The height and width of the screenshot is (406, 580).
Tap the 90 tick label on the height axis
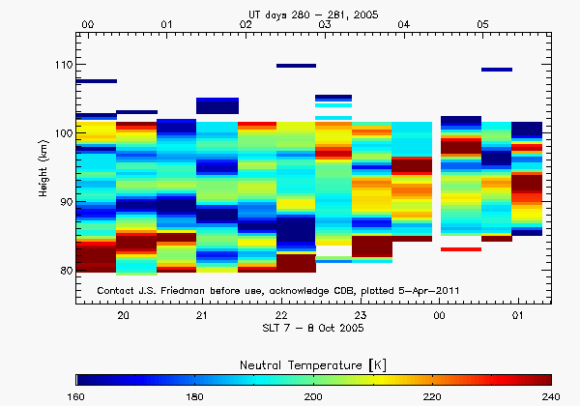coord(66,202)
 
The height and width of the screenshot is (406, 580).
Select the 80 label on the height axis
coord(66,271)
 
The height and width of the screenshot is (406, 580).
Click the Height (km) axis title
coord(43,169)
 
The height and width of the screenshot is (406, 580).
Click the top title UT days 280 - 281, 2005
coord(313,10)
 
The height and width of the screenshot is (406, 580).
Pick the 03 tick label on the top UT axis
coord(325,22)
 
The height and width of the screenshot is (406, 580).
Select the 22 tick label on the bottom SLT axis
coord(280,315)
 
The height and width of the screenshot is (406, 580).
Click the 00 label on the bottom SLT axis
coord(439,315)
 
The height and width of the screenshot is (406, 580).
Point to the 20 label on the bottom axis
coord(123,315)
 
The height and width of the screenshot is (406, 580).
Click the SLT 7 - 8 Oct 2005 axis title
coord(313,329)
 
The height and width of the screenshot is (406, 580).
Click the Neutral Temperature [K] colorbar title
coord(313,362)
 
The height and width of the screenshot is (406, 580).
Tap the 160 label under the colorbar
coord(77,397)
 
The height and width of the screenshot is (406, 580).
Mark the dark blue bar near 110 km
coord(296,66)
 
